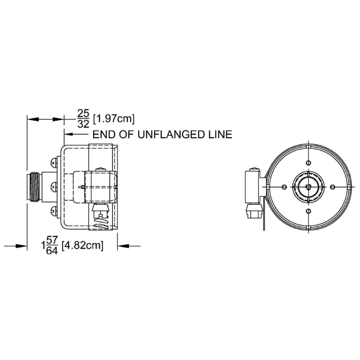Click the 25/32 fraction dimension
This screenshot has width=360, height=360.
83,119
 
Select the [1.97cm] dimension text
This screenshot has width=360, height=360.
114,119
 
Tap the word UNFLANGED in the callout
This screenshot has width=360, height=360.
171,134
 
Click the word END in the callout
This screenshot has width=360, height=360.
103,134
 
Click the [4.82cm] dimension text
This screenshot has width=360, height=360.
83,245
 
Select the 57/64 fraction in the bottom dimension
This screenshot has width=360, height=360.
52,245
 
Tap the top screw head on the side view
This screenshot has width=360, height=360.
54,162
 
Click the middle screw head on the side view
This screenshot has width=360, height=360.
54,186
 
